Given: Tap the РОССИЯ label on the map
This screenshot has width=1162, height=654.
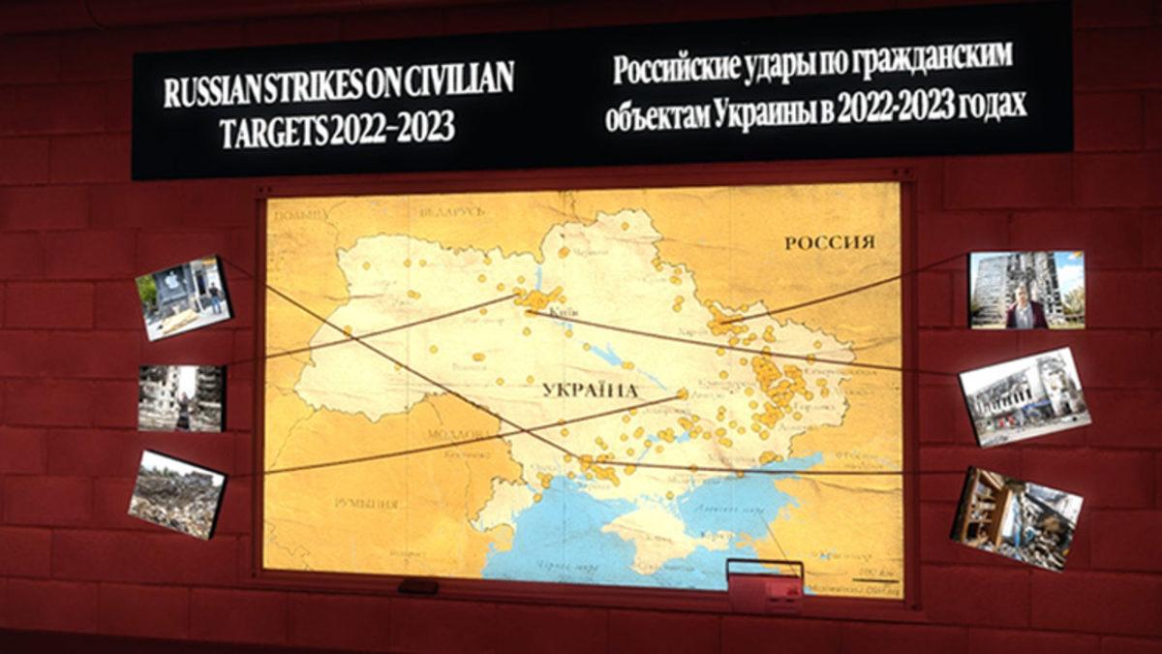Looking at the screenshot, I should (829, 242).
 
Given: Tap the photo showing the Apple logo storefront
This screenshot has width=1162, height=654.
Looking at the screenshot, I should (183, 296).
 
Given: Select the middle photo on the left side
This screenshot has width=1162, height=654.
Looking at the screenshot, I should (181, 397).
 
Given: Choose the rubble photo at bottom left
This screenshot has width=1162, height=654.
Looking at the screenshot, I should (176, 493).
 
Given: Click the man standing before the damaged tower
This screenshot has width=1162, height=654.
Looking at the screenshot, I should (1023, 309).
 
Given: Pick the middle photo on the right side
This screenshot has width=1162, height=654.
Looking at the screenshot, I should (1024, 395).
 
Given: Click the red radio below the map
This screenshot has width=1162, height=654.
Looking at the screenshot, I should (764, 585).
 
